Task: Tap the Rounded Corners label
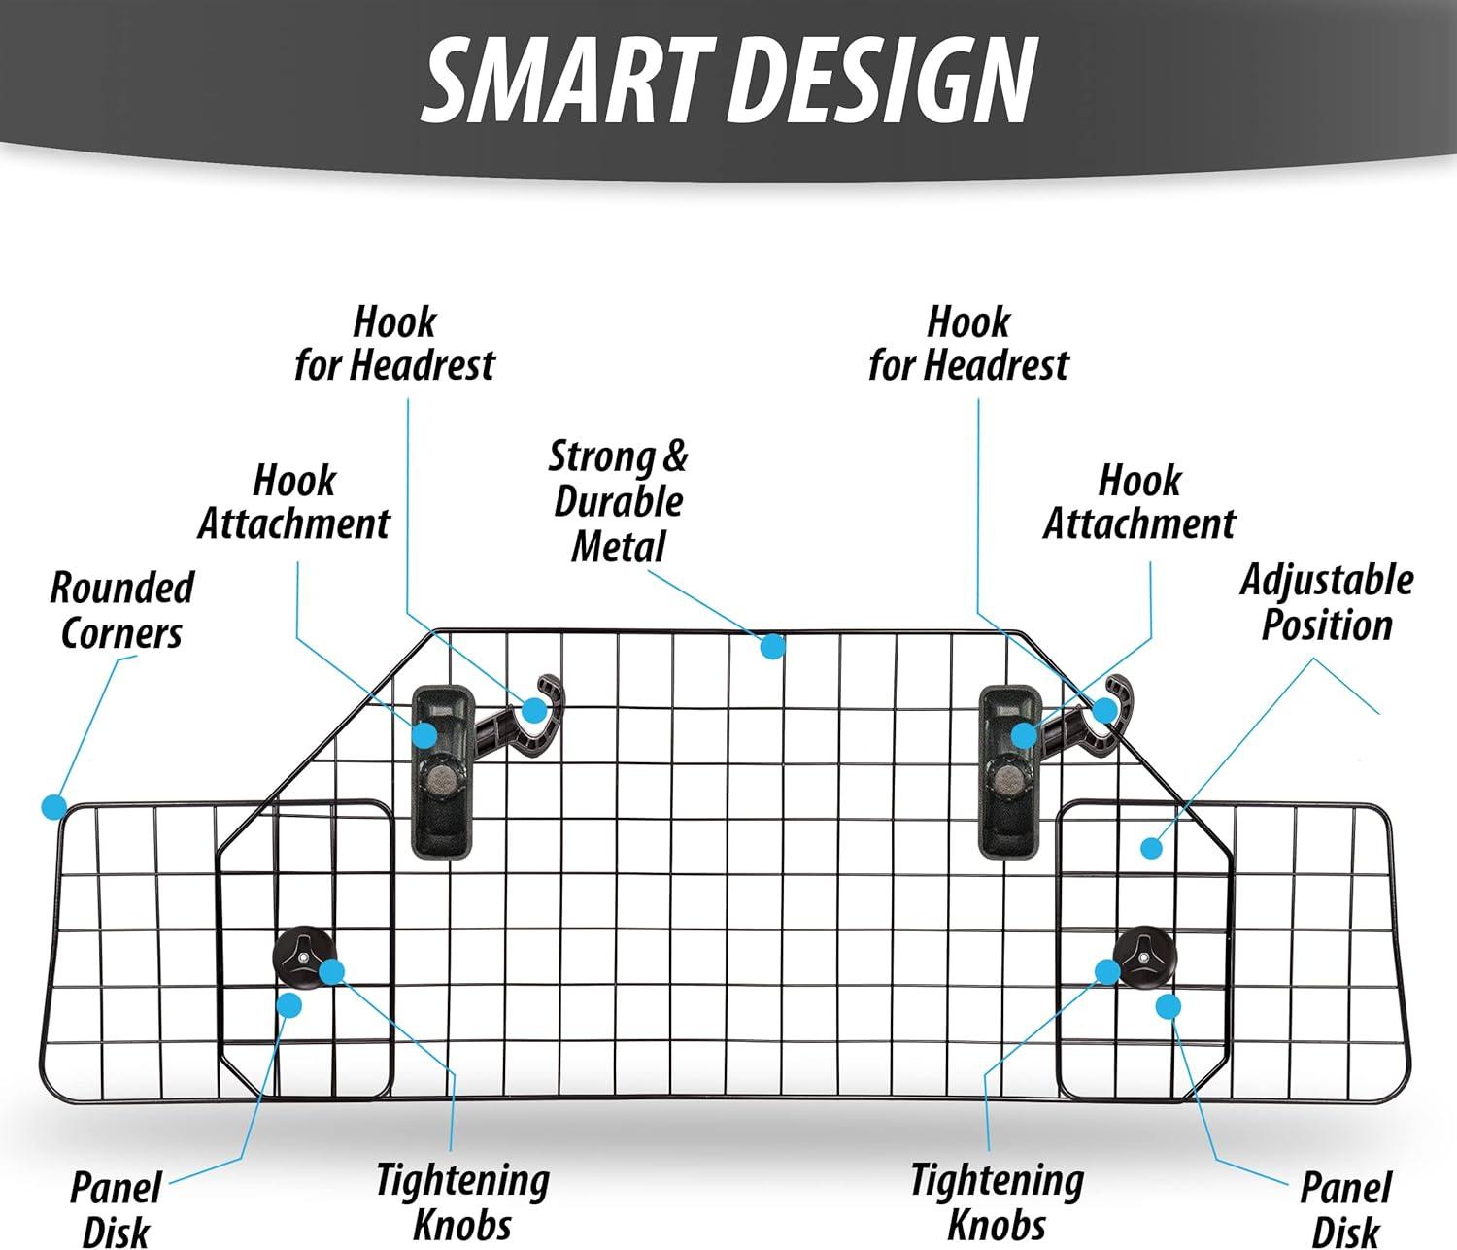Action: click(x=122, y=610)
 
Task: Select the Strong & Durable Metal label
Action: click(x=618, y=501)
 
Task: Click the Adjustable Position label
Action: click(x=1327, y=603)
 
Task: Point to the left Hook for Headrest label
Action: click(x=394, y=344)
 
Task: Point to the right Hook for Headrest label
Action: click(x=968, y=344)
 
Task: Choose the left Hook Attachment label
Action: click(x=294, y=502)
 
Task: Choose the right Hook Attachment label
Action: click(x=1139, y=502)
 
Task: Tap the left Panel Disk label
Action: click(x=116, y=1210)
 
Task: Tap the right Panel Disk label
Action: click(x=1345, y=1210)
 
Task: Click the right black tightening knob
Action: click(x=1145, y=959)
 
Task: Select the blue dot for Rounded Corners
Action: click(x=53, y=806)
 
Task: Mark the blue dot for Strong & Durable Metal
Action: click(x=772, y=647)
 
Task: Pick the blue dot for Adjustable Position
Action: click(x=1151, y=848)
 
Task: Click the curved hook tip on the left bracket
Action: click(x=549, y=684)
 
